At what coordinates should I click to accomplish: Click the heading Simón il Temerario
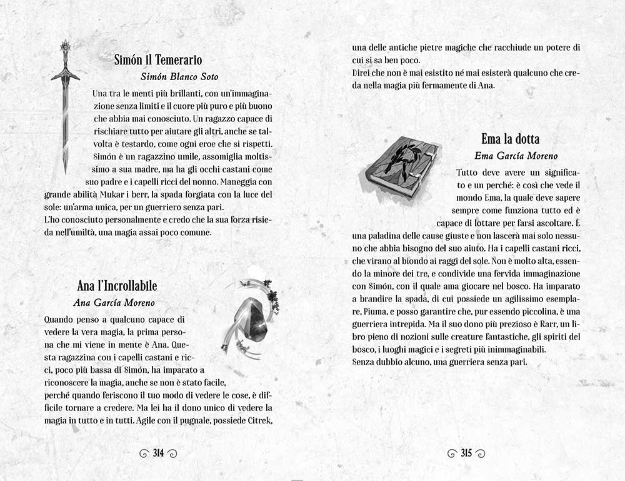tap(158, 60)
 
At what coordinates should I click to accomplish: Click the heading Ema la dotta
tap(510, 139)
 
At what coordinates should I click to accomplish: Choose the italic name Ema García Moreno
tap(516, 156)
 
